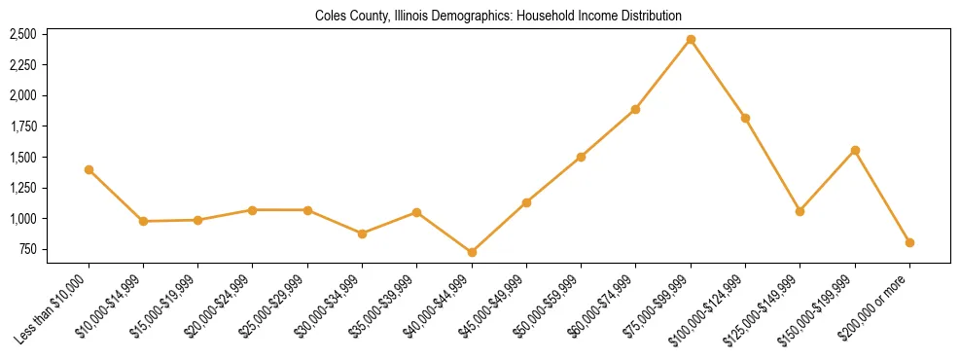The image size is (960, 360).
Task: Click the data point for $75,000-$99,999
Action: point(691,40)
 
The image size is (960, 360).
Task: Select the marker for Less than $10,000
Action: point(89,169)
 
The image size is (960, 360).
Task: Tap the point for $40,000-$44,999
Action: point(472,252)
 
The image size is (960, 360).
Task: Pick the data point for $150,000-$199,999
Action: point(855,150)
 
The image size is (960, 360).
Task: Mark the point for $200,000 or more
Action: point(909,242)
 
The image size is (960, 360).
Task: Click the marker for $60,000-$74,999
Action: point(636,109)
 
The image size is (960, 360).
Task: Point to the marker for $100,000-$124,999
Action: point(745,118)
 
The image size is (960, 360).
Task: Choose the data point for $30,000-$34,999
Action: point(362,234)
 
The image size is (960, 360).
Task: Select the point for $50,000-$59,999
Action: point(581,157)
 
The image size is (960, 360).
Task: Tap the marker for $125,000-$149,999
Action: point(800,211)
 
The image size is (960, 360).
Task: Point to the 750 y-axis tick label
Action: point(26,249)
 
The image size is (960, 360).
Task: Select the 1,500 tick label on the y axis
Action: point(22,157)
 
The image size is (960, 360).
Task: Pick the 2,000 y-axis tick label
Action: point(22,95)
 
